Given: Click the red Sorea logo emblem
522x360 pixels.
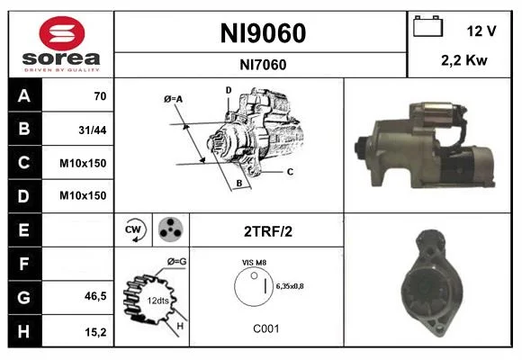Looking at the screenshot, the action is pyautogui.click(x=62, y=33).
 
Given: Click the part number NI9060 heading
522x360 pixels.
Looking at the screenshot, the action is pyautogui.click(x=263, y=33).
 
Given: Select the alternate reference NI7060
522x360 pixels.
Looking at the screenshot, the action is pyautogui.click(x=263, y=65).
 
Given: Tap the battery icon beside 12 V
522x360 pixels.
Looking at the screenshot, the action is pyautogui.click(x=427, y=26).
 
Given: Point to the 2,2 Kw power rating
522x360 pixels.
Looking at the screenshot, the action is pyautogui.click(x=464, y=60).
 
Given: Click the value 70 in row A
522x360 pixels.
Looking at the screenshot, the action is pyautogui.click(x=100, y=96).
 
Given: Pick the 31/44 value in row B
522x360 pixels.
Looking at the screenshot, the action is pyautogui.click(x=93, y=130).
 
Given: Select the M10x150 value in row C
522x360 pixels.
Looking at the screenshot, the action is pyautogui.click(x=83, y=163).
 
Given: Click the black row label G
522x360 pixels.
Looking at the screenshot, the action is pyautogui.click(x=25, y=297).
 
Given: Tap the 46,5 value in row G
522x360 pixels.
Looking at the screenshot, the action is pyautogui.click(x=95, y=296).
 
